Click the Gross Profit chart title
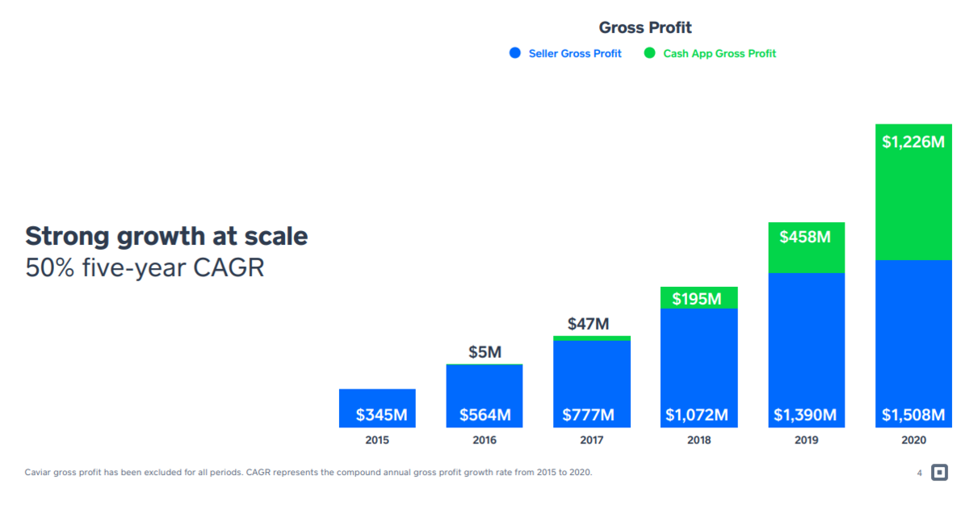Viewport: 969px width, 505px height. (x=645, y=27)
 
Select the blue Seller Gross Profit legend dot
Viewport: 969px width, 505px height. (x=515, y=53)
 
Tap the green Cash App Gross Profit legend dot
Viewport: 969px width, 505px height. (x=650, y=53)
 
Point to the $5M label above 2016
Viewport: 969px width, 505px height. (x=484, y=352)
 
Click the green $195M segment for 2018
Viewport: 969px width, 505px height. (x=698, y=298)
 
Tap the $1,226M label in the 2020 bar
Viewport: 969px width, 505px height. (x=912, y=142)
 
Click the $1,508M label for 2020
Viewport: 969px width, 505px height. (x=912, y=415)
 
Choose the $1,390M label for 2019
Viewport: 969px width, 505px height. (x=805, y=415)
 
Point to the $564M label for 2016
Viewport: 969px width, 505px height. (x=485, y=415)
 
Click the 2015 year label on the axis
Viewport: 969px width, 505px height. (x=377, y=440)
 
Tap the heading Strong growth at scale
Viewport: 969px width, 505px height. (x=166, y=236)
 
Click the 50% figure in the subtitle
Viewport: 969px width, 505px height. (x=47, y=267)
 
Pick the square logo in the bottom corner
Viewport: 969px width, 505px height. (x=939, y=473)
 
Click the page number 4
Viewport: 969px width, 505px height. (x=919, y=473)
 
